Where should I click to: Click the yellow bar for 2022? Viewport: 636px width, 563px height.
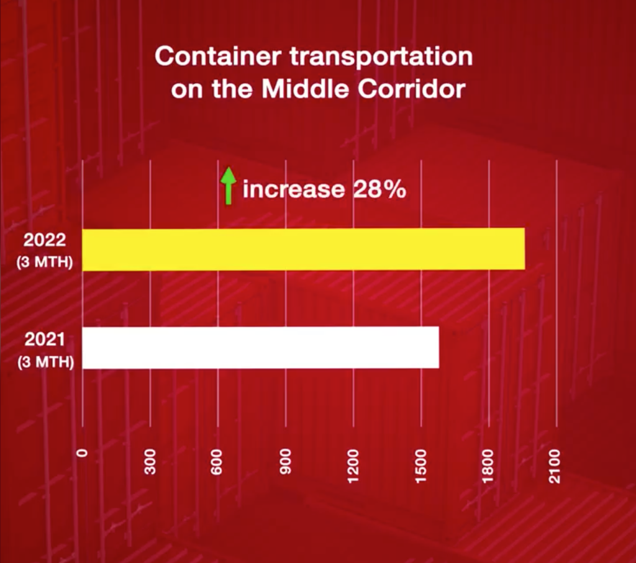click(x=303, y=250)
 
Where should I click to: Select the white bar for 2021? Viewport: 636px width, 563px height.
click(x=260, y=348)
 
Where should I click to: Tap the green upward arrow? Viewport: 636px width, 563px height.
click(x=229, y=188)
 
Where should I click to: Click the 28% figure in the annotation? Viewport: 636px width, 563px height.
click(x=379, y=189)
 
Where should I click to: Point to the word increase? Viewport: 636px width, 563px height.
click(x=293, y=189)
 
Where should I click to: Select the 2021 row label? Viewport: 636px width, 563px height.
click(x=45, y=340)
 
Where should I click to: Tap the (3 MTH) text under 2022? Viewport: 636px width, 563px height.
click(x=45, y=263)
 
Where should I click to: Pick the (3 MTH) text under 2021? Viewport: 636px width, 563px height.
click(x=45, y=361)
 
